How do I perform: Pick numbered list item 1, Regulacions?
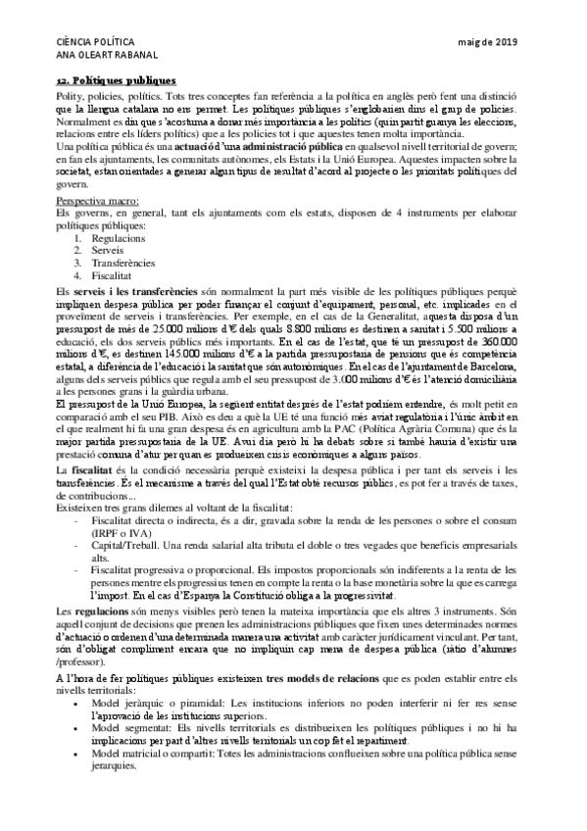pos(118,238)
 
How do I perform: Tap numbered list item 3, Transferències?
pos(124,264)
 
